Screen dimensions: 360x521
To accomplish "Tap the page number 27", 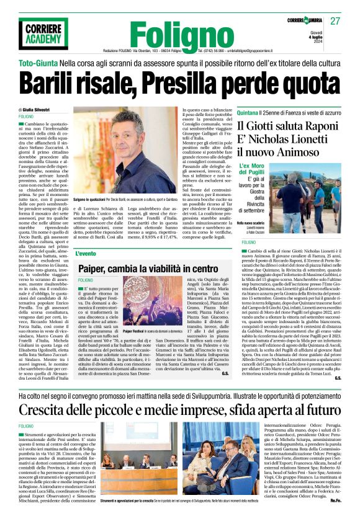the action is click(336, 21).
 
